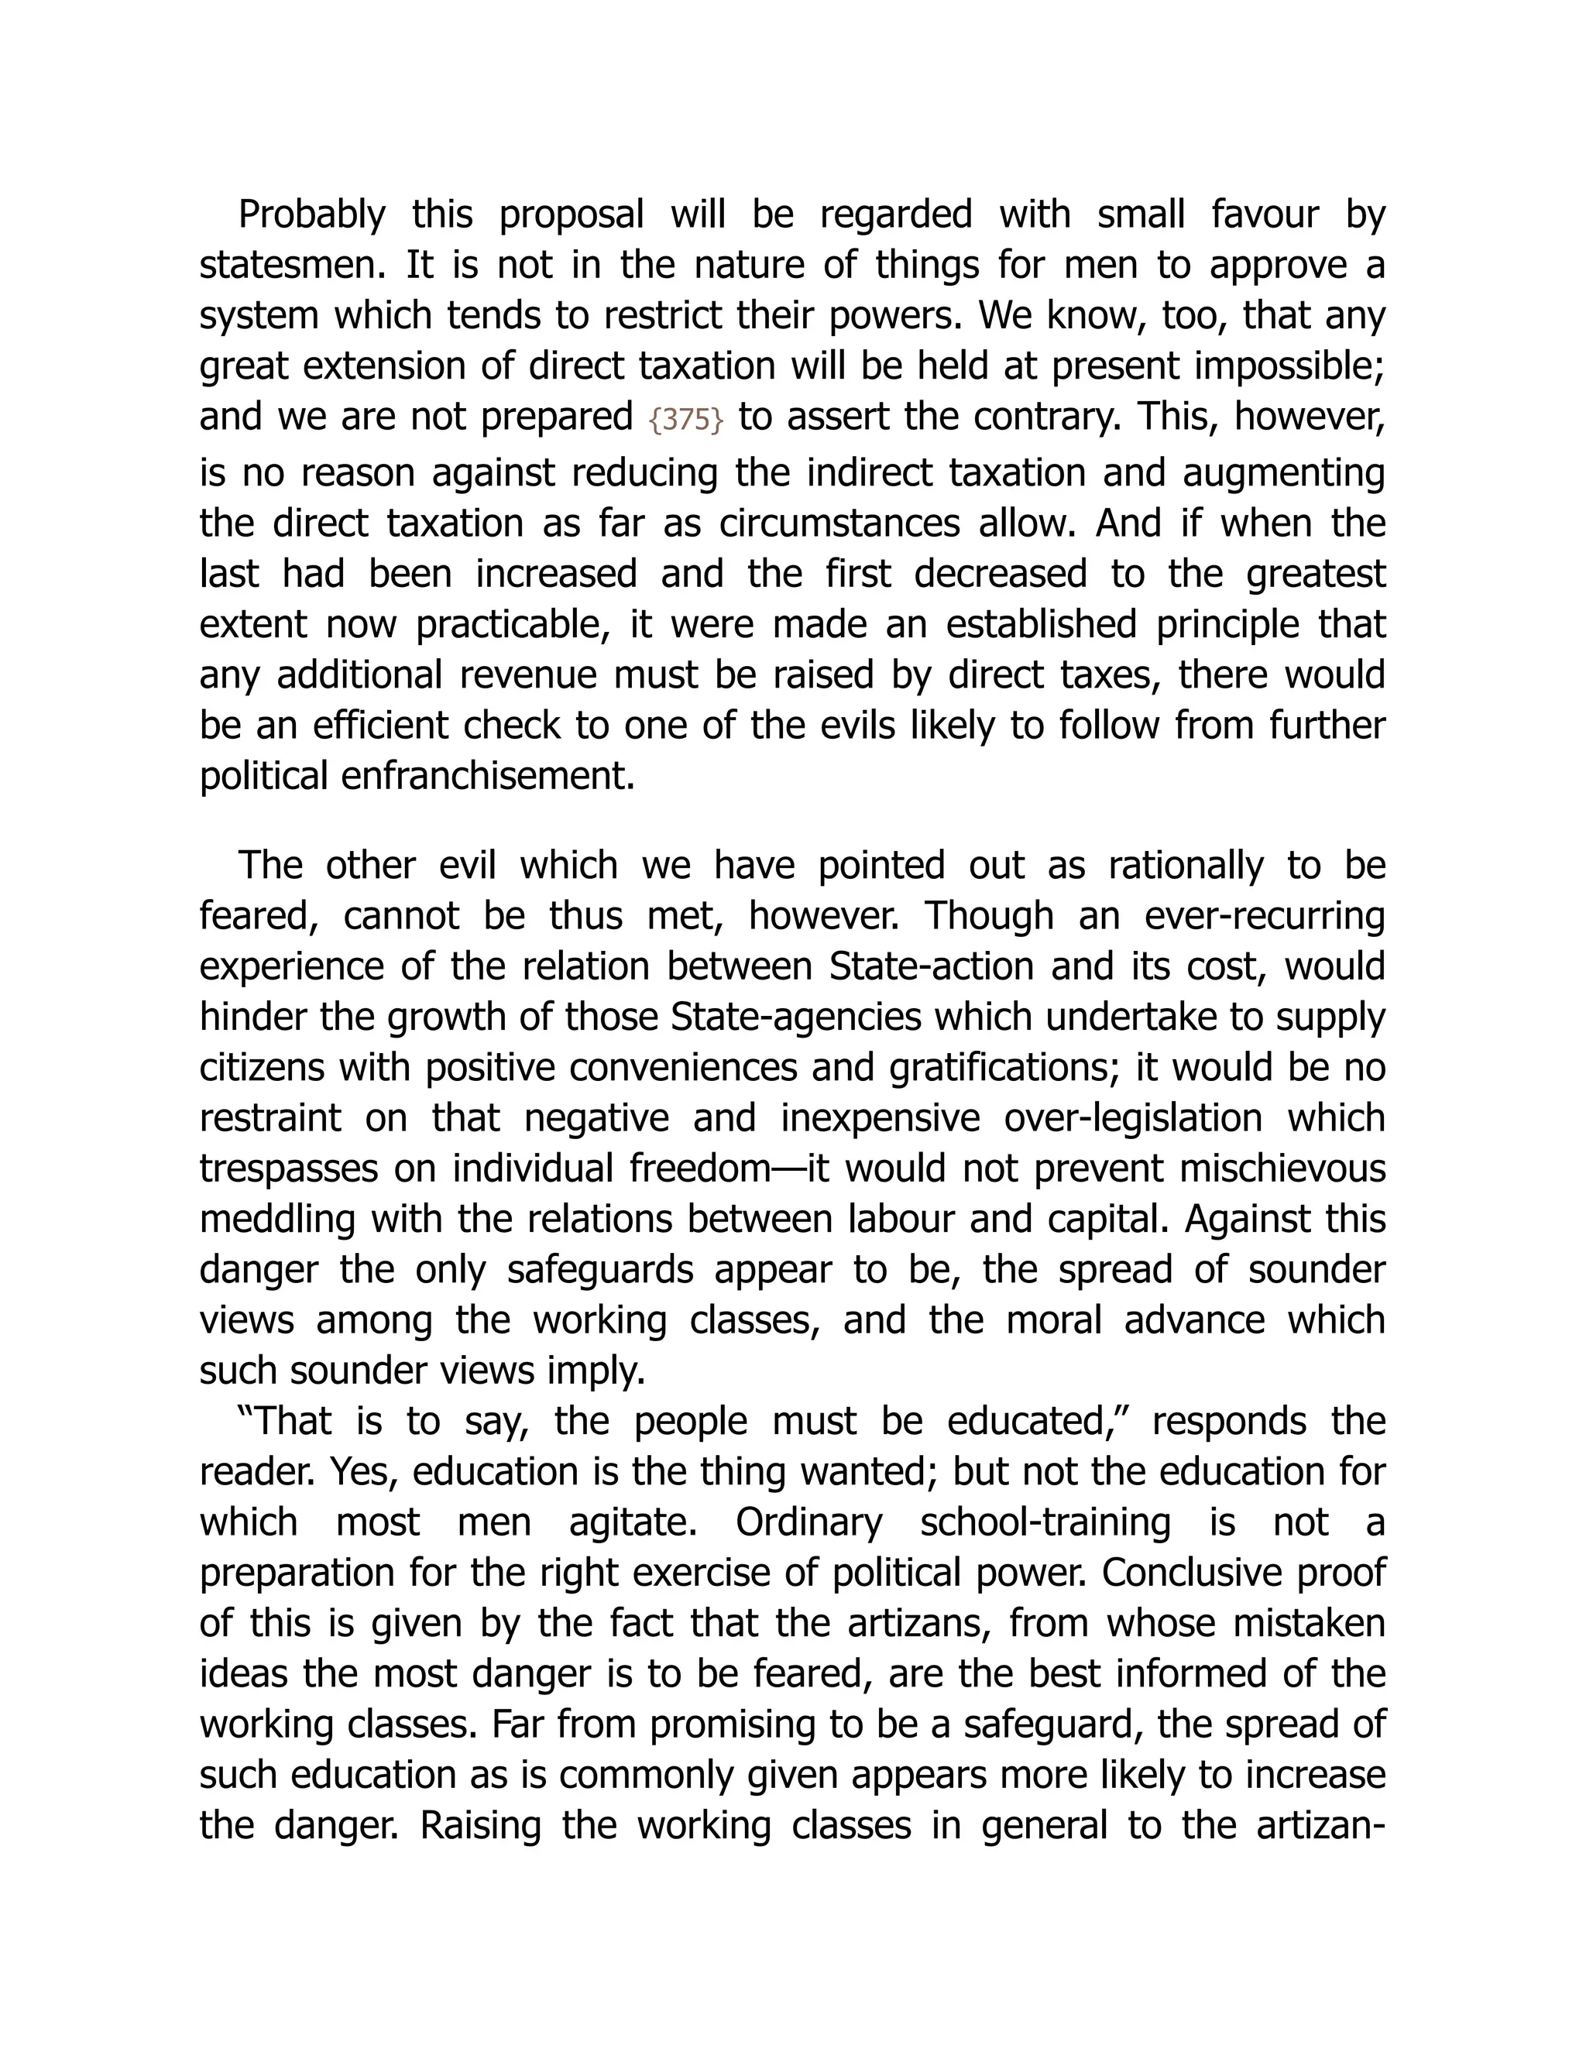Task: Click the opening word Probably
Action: pyautogui.click(x=311, y=215)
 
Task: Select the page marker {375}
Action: pyautogui.click(x=686, y=419)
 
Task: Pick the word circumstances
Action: pyautogui.click(x=839, y=523)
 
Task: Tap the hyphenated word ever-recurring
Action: pyautogui.click(x=1265, y=916)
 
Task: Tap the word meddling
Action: pyautogui.click(x=278, y=1220)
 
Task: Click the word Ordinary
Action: pyautogui.click(x=809, y=1523)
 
